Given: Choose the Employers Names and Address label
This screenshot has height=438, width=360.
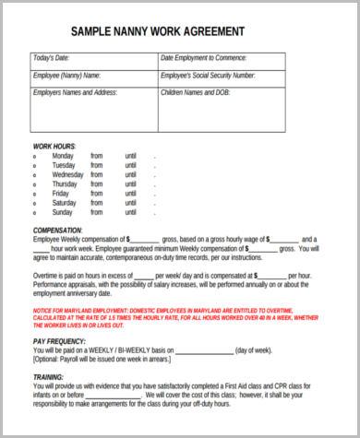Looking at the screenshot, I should [x=75, y=93].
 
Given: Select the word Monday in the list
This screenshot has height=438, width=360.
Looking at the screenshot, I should [x=65, y=156].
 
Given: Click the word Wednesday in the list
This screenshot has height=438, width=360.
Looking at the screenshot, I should [x=69, y=175].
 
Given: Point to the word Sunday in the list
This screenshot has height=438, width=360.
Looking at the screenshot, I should [x=64, y=213].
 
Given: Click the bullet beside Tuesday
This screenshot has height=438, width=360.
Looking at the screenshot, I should [x=35, y=166].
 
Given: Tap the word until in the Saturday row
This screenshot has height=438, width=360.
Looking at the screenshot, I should [x=130, y=204].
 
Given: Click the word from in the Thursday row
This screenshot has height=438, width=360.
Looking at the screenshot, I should [x=97, y=184].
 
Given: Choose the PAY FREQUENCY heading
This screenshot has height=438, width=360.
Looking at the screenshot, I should [x=60, y=340].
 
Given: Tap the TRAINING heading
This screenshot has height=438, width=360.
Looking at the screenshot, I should [x=48, y=377].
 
